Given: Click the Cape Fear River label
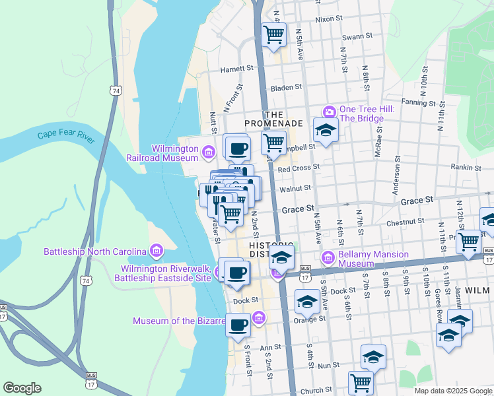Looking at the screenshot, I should click(x=66, y=136).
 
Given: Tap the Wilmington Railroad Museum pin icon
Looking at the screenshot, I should click(x=209, y=153).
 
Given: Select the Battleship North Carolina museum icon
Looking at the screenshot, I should click(x=156, y=251).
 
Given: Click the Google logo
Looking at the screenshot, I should click(x=22, y=388).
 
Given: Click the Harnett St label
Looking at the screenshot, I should click(x=237, y=68).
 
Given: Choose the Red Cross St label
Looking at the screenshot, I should click(x=299, y=168).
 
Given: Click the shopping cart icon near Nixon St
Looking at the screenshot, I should click(x=273, y=34).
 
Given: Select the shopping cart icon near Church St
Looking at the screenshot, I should click(x=361, y=381).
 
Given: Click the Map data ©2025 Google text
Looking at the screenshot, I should click(x=453, y=391).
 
